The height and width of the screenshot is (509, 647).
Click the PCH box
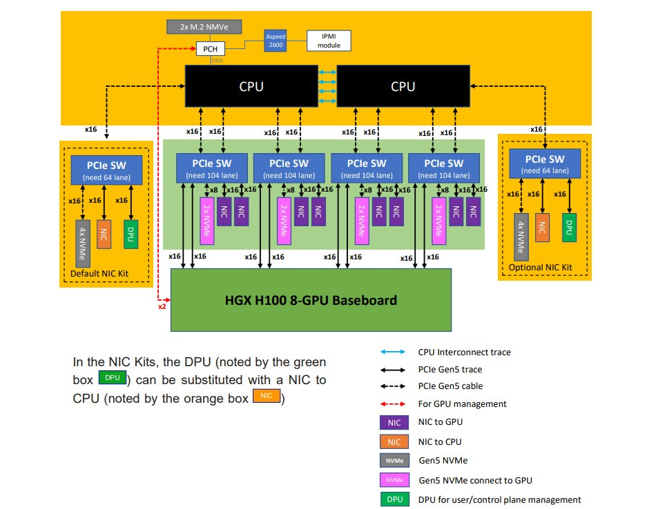[x=211, y=50]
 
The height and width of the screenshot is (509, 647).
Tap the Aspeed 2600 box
[x=276, y=39]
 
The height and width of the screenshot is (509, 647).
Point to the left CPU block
[x=251, y=86]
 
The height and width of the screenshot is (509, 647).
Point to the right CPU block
[x=403, y=86]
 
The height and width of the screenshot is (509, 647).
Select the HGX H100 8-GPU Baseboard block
[x=311, y=300]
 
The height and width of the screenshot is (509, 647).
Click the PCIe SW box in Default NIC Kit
[x=106, y=170]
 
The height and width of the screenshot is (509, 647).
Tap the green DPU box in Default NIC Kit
[x=129, y=234]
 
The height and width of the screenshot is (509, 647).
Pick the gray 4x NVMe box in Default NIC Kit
[x=82, y=243]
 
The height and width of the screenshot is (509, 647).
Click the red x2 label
[x=162, y=306]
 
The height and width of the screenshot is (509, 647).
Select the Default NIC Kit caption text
[x=99, y=275]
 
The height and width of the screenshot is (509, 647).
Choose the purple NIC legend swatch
[x=394, y=422]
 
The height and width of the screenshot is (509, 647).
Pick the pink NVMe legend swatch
[x=394, y=480]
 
